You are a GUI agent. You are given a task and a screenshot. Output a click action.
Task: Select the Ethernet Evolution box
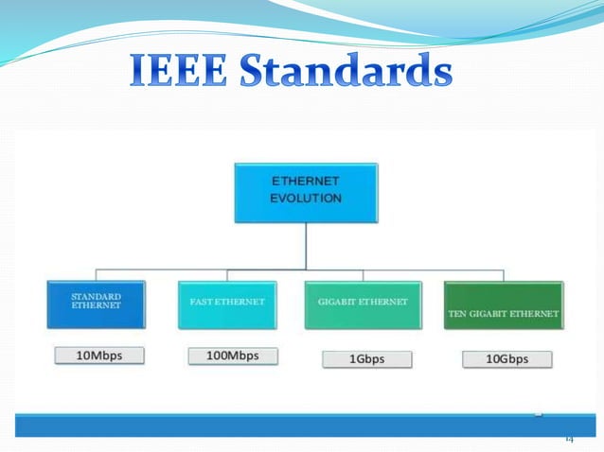[307, 193]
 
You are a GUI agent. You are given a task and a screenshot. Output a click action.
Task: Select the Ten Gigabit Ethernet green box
[503, 304]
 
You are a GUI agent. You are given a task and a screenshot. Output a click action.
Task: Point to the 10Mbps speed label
[99, 356]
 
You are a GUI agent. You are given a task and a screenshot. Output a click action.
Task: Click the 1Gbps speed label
[367, 358]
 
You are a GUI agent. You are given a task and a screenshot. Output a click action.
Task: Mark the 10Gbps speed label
[507, 358]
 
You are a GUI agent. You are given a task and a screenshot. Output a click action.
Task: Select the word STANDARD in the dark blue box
[95, 296]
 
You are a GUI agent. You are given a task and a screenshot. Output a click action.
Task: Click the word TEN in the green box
[457, 312]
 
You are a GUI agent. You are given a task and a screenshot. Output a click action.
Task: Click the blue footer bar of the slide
[284, 426]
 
